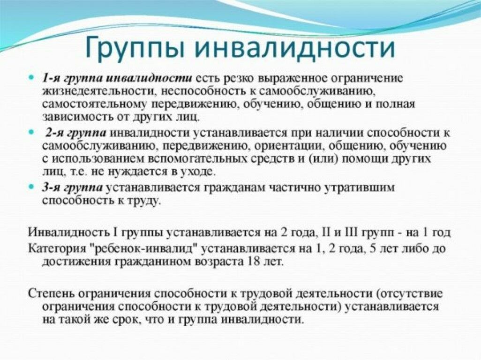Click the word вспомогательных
click(x=198, y=159)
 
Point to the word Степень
click(x=51, y=293)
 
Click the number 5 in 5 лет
click(x=373, y=248)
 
